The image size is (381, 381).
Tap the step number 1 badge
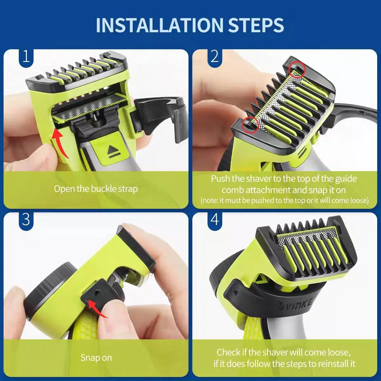click(x=26, y=57)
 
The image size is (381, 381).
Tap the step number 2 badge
click(x=215, y=57)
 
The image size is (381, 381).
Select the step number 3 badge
click(x=26, y=220)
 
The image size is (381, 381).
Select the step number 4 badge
click(x=215, y=220)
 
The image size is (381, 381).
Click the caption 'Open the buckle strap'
click(x=96, y=189)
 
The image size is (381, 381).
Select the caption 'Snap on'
click(x=96, y=358)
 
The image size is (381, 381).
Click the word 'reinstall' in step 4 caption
click(x=322, y=364)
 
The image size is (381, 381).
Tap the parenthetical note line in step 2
click(x=284, y=201)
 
